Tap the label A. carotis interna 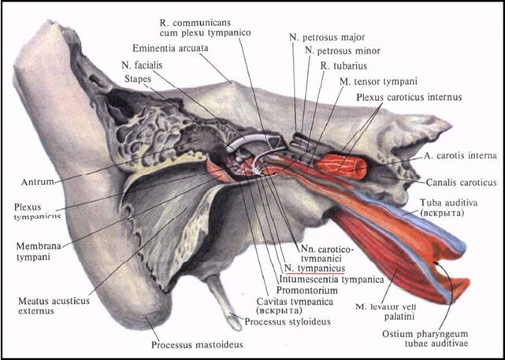[x=457, y=156]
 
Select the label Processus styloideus [x=283, y=322]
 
